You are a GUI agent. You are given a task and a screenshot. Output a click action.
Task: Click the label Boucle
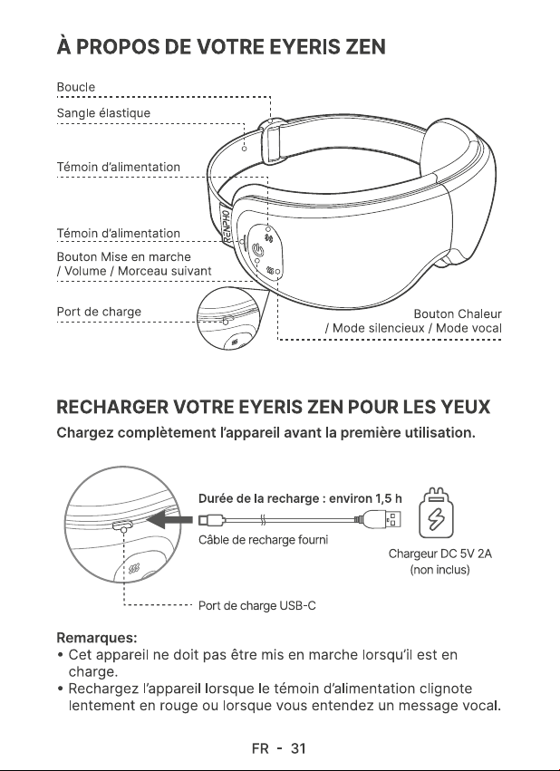tap(76, 87)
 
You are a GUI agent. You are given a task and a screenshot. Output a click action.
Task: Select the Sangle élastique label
tap(103, 113)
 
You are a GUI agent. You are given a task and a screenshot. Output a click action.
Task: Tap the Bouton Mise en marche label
tap(123, 256)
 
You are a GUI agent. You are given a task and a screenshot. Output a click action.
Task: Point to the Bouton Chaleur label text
tap(458, 313)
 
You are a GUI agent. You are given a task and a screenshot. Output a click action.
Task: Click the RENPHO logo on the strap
tap(227, 226)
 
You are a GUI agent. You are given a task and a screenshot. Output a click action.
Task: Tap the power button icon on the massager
tap(257, 250)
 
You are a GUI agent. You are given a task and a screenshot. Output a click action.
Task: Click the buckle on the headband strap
tap(273, 140)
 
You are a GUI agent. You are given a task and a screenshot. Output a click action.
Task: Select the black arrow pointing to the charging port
tap(169, 519)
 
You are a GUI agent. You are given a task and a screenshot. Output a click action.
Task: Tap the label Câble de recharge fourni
tap(263, 540)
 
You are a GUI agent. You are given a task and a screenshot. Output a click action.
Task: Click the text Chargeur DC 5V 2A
tap(440, 554)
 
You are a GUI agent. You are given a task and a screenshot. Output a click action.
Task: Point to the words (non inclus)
tap(440, 570)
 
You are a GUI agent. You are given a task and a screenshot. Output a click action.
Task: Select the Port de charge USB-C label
tap(257, 605)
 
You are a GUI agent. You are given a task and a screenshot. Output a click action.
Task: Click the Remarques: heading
tap(97, 638)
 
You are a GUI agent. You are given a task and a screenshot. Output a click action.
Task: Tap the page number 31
tap(298, 748)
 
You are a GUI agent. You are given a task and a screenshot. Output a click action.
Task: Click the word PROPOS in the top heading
tap(118, 47)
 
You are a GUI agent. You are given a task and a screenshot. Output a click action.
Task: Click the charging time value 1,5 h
tap(389, 498)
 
